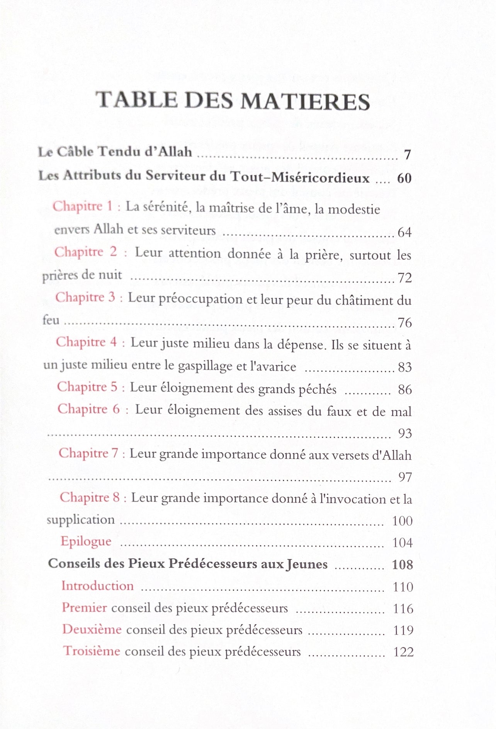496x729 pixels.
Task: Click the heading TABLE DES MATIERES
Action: coord(233,101)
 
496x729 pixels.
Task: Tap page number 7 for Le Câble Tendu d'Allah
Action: coord(407,155)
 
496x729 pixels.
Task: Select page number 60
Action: coord(404,178)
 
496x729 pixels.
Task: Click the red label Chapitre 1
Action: coord(83,206)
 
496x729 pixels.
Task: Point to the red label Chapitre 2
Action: coord(85,252)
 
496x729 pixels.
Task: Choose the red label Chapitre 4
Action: coord(86,342)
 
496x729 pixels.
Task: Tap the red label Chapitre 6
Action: coord(88,409)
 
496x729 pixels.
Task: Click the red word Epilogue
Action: coord(86,542)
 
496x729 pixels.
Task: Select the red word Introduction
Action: coord(97,586)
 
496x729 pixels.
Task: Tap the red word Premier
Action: coord(84,608)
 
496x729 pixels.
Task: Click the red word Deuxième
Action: coord(92,629)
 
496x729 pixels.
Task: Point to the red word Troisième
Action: coord(92,651)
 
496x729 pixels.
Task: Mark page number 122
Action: coord(403,652)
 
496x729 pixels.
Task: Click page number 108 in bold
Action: coord(402,565)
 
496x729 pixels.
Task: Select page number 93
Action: coord(405,434)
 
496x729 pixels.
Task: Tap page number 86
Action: coord(405,390)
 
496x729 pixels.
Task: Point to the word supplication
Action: coord(81,520)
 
